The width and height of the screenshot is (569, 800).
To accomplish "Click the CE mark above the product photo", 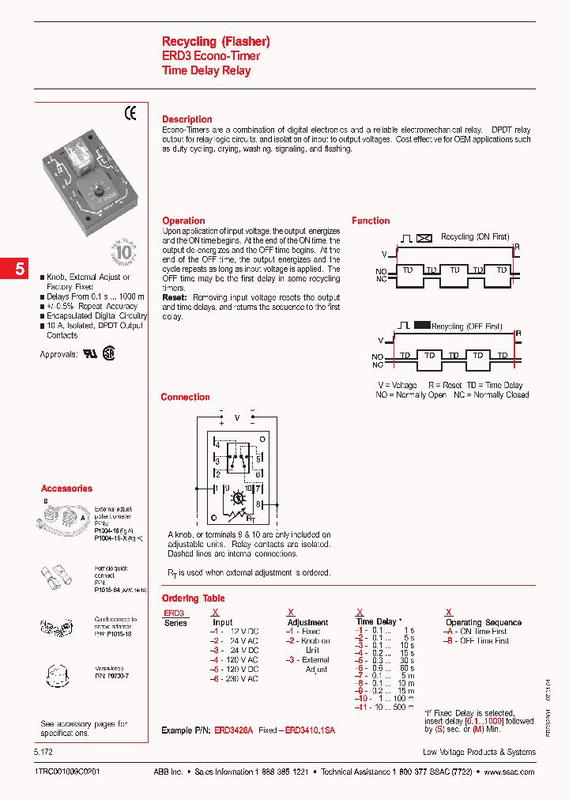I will coord(131,114).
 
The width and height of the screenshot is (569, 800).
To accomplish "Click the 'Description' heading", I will coord(187,119).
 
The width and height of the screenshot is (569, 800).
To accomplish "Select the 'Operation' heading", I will coord(183,221).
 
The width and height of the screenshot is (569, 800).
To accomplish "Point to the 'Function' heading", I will coord(371,221).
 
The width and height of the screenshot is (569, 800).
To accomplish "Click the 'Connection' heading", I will coord(185,397).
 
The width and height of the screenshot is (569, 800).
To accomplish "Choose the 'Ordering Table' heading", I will coord(194,598).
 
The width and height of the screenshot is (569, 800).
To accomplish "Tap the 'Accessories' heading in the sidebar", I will coord(66,489).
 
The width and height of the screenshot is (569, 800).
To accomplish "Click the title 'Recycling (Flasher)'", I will coord(216,41).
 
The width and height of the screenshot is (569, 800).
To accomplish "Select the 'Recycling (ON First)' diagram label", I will coord(475,236).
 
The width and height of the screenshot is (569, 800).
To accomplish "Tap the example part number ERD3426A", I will coord(234,731).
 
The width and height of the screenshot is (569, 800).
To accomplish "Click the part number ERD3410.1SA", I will coord(310,731).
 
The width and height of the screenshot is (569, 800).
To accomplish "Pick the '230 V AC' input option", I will coord(239,679).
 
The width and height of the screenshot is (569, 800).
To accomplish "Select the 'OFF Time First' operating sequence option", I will coord(480,641).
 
